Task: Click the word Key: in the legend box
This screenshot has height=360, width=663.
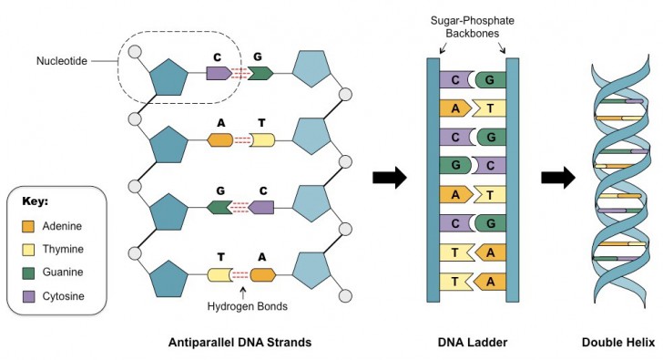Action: tap(36, 200)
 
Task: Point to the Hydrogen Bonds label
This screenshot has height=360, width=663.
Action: tap(243, 308)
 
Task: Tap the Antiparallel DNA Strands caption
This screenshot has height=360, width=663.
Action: tap(240, 343)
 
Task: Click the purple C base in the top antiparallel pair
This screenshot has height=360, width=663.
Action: tap(219, 73)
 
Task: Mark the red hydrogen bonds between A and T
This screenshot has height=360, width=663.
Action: tap(241, 140)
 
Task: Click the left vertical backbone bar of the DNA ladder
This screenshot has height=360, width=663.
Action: tap(433, 180)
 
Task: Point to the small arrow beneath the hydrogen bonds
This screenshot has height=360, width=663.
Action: tap(243, 292)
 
